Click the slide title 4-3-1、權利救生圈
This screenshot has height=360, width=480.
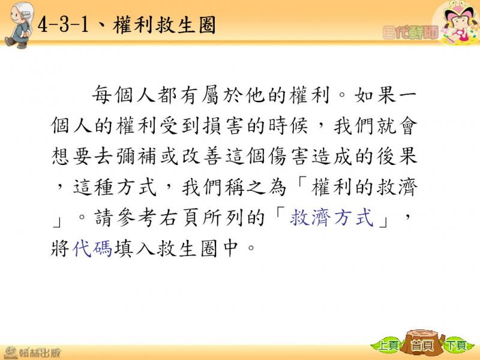pyautogui.click(x=127, y=25)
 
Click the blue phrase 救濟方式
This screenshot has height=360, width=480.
pyautogui.click(x=332, y=218)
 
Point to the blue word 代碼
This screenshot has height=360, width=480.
pyautogui.click(x=92, y=248)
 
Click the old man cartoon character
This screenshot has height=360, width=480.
pyautogui.click(x=19, y=25)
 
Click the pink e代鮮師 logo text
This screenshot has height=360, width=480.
pyautogui.click(x=410, y=32)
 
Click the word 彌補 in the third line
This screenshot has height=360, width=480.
pyautogui.click(x=136, y=157)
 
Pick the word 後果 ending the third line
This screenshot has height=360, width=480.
pyautogui.click(x=397, y=157)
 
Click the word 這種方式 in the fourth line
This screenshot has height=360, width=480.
pyautogui.click(x=115, y=187)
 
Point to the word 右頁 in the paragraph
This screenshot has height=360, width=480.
pyautogui.click(x=179, y=218)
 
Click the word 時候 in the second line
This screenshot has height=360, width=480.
pyautogui.click(x=288, y=125)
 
